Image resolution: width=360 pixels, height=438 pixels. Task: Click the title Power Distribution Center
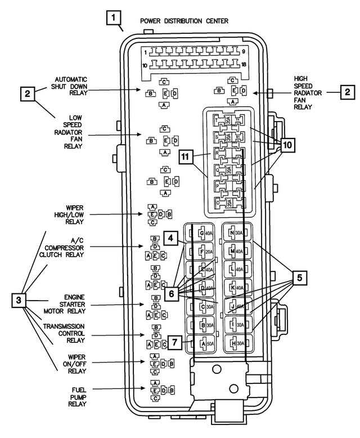coord(184,21)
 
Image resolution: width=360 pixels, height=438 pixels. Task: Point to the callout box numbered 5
coord(299,277)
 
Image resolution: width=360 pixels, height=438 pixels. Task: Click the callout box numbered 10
coord(287,145)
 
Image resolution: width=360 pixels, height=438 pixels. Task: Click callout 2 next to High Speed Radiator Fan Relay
coord(348,92)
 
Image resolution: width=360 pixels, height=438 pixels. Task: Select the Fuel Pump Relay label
coord(79,397)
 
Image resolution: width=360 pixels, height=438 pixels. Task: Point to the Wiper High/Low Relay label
coord(71,214)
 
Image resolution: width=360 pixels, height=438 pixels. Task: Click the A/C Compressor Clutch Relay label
coord(65,247)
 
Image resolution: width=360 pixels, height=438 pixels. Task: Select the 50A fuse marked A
coord(205,343)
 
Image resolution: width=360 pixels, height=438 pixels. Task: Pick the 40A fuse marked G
coord(205,233)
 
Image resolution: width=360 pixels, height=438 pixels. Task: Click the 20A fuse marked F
coord(205,252)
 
